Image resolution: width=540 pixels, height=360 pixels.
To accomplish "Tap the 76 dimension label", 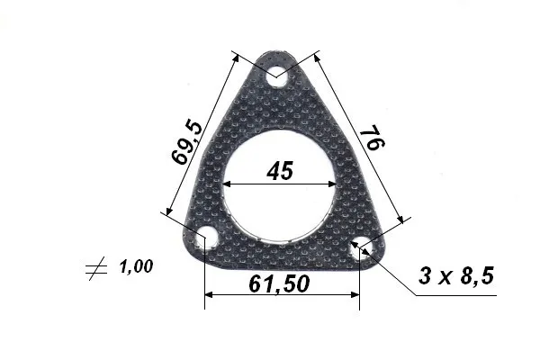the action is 372,138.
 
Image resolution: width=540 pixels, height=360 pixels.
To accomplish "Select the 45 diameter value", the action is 280,170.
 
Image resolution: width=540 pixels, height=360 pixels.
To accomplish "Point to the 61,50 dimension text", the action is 279,283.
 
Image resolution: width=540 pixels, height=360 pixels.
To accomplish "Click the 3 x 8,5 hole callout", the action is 456,275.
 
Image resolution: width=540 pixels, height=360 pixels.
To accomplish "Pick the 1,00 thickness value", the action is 136,266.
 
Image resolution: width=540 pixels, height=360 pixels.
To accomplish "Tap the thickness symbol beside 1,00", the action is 96,268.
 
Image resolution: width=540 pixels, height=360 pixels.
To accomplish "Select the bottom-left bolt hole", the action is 206,238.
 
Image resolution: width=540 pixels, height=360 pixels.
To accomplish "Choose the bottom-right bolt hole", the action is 362,247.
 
